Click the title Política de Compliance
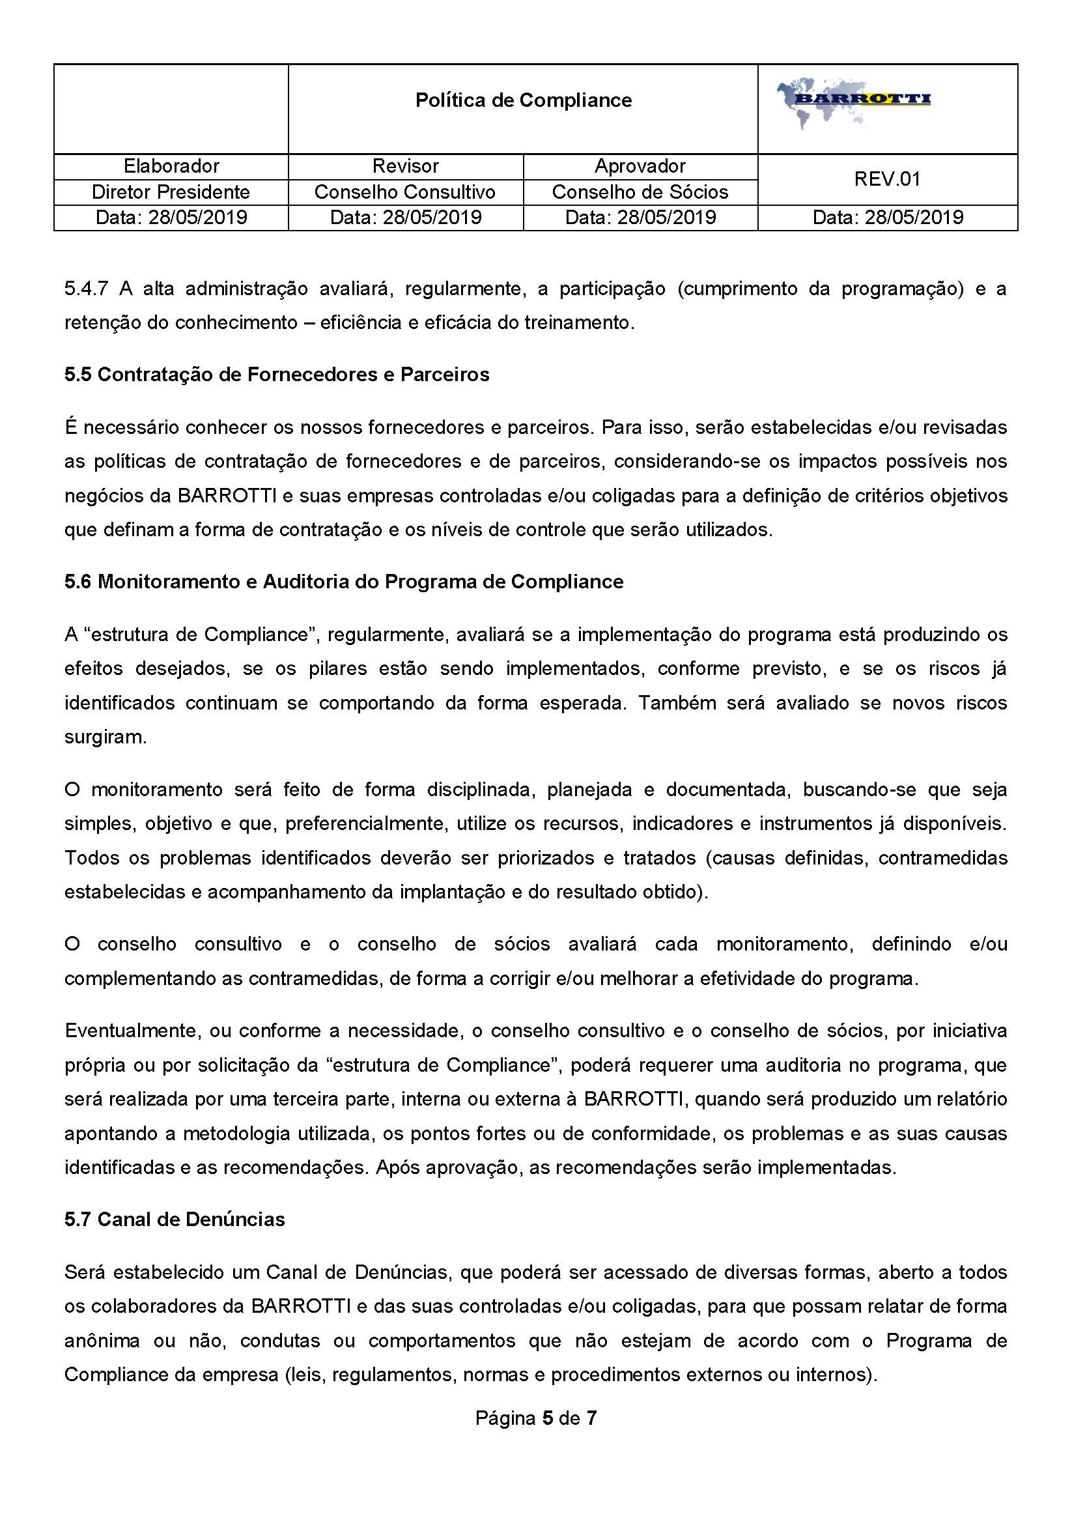524,100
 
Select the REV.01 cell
886,179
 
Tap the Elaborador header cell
171,165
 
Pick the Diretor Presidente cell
171,192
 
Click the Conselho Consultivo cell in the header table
404,192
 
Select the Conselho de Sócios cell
640,192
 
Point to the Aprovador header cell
640,165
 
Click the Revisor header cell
404,165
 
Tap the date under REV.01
886,217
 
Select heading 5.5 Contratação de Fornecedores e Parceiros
277,375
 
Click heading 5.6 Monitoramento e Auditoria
343,582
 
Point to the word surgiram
106,737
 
